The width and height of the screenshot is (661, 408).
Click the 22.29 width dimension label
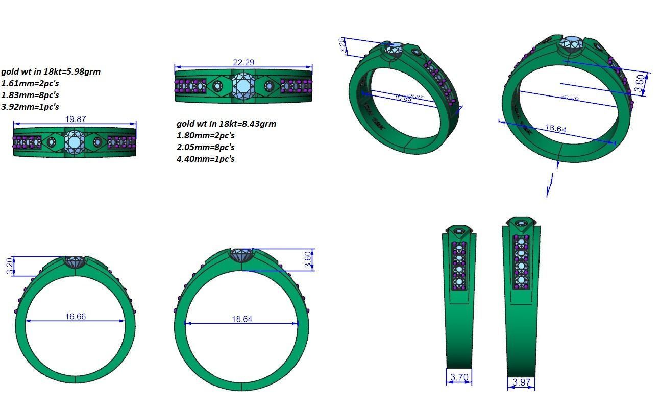click(x=243, y=62)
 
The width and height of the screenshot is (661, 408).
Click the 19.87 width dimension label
click(x=75, y=119)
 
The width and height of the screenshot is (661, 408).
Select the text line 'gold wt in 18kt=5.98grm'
click(x=51, y=71)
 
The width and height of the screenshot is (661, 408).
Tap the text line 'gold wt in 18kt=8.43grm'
click(x=226, y=124)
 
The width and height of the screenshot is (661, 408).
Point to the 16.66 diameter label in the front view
click(x=75, y=317)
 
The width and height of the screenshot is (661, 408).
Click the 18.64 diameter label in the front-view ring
click(x=241, y=319)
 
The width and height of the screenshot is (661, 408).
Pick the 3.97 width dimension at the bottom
click(x=521, y=382)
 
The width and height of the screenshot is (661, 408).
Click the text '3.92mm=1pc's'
click(x=30, y=107)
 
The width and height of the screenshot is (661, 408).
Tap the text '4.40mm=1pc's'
click(x=206, y=159)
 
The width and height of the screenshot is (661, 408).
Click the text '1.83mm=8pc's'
click(x=30, y=95)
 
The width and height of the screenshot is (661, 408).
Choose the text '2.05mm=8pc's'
click(x=206, y=147)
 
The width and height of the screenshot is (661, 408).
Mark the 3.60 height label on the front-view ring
click(x=307, y=260)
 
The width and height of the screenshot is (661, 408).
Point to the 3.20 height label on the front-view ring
click(x=9, y=266)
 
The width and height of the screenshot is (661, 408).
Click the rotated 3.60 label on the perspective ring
click(x=639, y=83)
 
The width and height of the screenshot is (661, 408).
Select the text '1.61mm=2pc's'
click(x=30, y=83)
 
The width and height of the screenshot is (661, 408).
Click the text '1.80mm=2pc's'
click(x=206, y=135)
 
